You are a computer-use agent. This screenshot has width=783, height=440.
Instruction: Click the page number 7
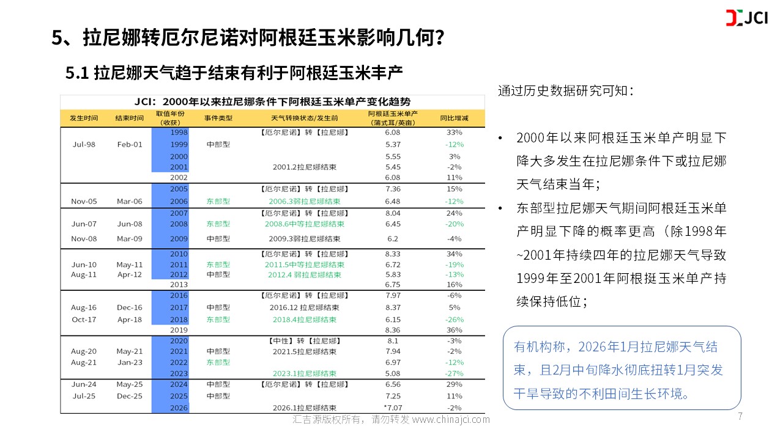(740, 417)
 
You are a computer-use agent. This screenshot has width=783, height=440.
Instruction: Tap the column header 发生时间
(84, 118)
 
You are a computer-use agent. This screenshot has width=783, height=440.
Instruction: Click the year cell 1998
(179, 132)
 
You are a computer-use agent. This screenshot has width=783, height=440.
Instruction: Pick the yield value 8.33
(393, 254)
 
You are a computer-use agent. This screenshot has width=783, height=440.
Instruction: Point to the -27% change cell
(455, 373)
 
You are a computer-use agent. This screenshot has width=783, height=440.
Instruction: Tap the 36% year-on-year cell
(455, 330)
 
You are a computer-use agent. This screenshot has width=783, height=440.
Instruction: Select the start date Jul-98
(84, 144)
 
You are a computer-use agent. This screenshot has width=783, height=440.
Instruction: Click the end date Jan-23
(129, 362)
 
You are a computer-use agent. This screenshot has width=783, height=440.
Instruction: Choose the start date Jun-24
(84, 384)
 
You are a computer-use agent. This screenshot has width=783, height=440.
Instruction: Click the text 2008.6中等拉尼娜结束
(304, 224)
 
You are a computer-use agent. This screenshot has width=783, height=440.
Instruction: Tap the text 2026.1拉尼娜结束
(304, 408)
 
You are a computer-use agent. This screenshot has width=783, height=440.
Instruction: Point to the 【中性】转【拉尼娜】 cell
(304, 340)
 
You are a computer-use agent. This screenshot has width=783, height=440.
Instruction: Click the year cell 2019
(179, 330)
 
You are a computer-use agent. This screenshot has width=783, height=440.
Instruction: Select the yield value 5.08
(393, 373)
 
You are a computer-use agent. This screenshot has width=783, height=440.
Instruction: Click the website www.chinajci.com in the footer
(451, 420)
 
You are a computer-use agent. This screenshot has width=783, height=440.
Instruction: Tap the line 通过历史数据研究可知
(565, 91)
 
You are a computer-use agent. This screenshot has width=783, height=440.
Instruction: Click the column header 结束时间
(129, 118)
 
